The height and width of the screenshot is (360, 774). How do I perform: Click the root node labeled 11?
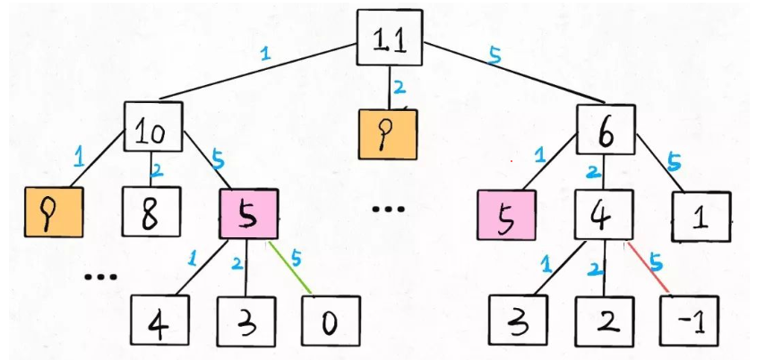coord(388,38)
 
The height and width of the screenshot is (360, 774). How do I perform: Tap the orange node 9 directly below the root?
coord(387,134)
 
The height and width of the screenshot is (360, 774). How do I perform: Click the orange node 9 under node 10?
coord(53,212)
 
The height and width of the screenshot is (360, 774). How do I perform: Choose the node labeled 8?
coord(150,212)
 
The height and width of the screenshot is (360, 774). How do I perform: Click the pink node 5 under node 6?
coord(506,216)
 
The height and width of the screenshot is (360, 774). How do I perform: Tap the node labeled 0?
coord(330,322)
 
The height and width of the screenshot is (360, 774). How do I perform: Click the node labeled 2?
coord(603,322)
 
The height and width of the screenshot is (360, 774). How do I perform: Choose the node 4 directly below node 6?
coord(604,214)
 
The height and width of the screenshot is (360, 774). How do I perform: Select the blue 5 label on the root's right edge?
coord(494,56)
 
